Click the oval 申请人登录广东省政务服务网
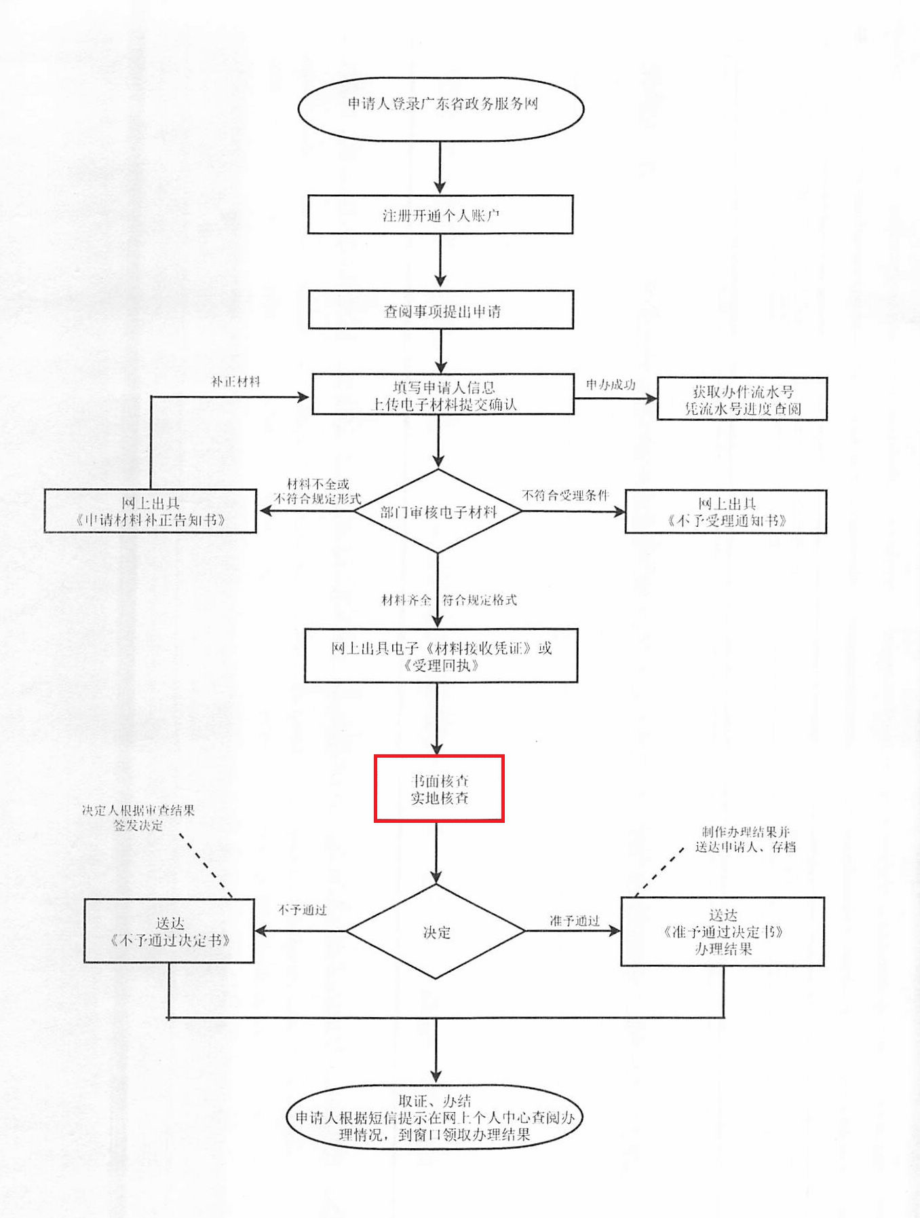point(441,109)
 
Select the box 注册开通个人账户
point(440,215)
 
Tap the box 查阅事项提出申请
point(441,310)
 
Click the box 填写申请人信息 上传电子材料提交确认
point(443,394)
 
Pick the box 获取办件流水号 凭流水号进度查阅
point(742,399)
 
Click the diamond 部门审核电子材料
point(438,511)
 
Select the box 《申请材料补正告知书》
point(150,511)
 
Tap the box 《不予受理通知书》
point(726,511)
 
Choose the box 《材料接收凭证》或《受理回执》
point(441,655)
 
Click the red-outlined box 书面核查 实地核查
point(439,788)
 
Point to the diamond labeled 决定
point(436,931)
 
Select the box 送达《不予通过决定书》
point(169,931)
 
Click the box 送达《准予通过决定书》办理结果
point(723,931)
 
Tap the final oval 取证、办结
point(435,1117)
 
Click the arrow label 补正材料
point(235,382)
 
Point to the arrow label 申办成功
point(611,385)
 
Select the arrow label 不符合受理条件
point(565,495)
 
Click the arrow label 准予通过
point(575,921)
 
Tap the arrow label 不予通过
point(302,910)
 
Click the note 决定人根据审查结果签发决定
point(138,817)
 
